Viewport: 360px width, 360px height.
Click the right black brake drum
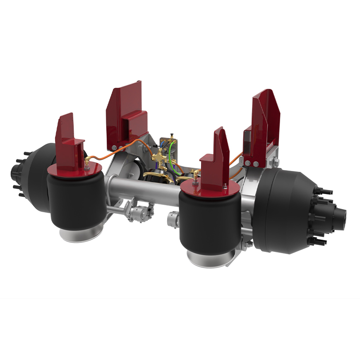pos(281,211)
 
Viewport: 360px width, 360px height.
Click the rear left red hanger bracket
pos(126,116)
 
